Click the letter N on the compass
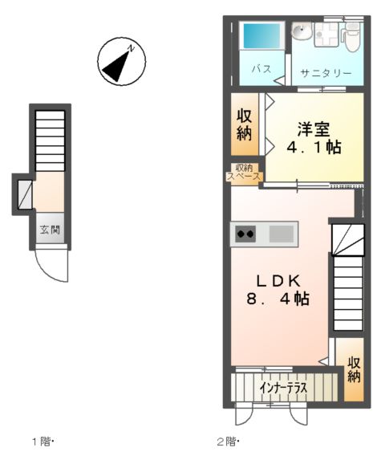click(137, 49)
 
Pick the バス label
click(261, 68)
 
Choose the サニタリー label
click(326, 73)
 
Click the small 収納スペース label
click(244, 173)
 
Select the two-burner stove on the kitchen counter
click(245, 234)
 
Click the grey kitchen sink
click(281, 234)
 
